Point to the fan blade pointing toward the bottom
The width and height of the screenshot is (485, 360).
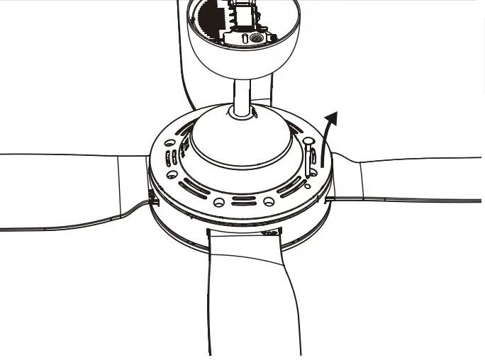click(x=252, y=298)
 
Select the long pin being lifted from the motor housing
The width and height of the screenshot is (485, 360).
click(x=311, y=156)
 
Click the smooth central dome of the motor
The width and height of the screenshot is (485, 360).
click(x=241, y=138)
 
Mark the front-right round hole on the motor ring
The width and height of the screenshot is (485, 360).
click(x=268, y=202)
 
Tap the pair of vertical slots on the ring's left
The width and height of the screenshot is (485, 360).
click(x=170, y=157)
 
